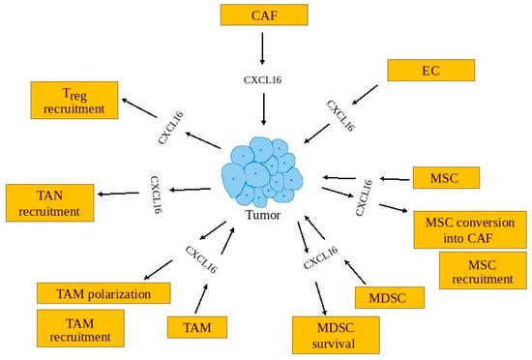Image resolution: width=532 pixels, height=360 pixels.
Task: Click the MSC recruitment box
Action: [482, 271]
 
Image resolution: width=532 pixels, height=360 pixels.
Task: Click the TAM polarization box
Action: [103, 292]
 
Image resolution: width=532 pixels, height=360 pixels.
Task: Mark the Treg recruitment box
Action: [74, 102]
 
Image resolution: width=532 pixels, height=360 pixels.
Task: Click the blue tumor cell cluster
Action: [263, 172]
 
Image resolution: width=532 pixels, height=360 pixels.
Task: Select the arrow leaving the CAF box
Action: [262, 47]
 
